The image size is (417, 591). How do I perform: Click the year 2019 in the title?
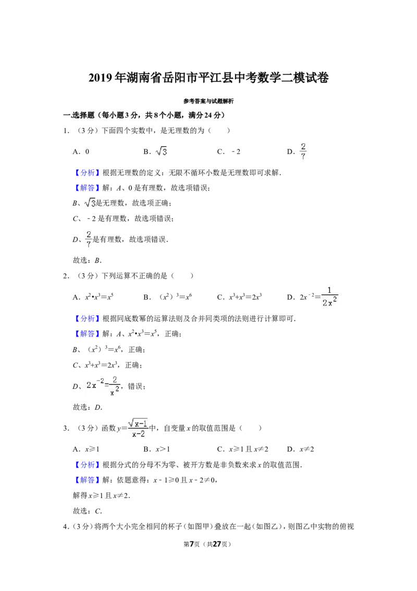[101, 78]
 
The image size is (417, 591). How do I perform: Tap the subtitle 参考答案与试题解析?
[208, 101]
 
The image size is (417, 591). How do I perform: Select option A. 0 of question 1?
[81, 151]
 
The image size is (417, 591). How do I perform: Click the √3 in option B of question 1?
[161, 151]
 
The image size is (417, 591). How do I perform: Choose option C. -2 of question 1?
[229, 151]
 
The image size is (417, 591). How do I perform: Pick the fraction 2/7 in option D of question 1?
[303, 151]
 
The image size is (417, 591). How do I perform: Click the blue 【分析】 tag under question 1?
[87, 173]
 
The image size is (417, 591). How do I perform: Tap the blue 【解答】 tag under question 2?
[87, 334]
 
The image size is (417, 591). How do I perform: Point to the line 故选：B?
[88, 260]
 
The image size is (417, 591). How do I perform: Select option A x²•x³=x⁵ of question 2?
[93, 297]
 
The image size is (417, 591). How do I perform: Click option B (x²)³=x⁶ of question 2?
[167, 297]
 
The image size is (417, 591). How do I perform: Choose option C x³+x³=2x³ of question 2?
[239, 297]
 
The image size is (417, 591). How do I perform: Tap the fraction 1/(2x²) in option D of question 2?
[329, 297]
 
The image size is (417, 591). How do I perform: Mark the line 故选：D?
[88, 407]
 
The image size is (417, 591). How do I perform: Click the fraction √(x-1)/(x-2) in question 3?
[138, 428]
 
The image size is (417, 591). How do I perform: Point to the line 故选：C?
[88, 511]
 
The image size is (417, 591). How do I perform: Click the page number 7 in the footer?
[191, 544]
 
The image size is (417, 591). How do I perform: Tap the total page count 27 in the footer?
[216, 544]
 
